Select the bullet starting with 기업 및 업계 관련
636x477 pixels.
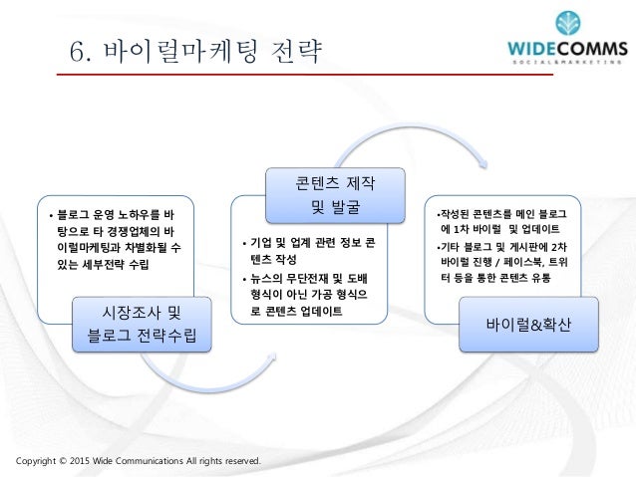pos(310,250)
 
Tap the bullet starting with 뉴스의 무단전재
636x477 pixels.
pos(310,294)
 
